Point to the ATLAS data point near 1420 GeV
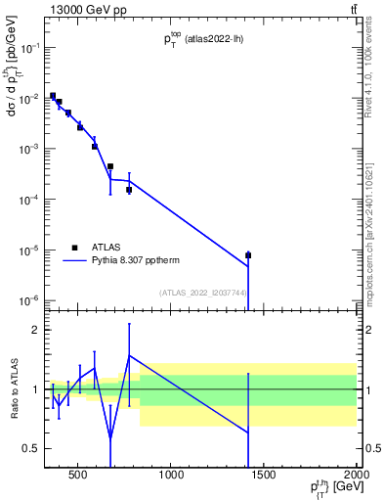click(248, 255)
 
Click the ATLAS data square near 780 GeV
click(129, 190)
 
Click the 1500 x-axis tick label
click(263, 477)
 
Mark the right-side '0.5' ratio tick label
click(370, 448)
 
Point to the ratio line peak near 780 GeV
click(129, 355)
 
